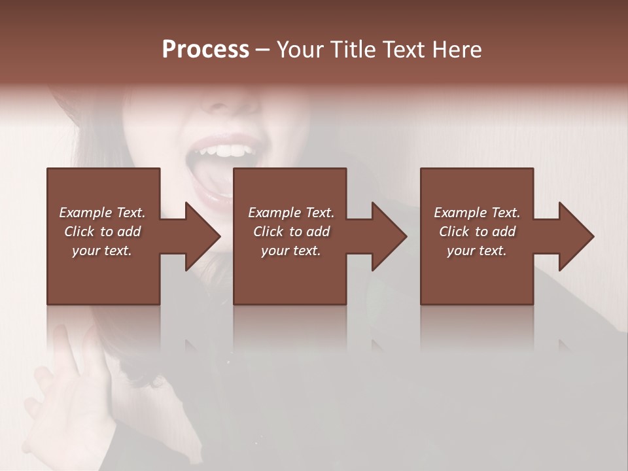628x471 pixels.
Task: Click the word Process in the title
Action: (x=205, y=50)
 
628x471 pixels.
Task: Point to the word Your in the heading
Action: (x=300, y=50)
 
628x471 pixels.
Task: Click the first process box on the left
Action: (x=103, y=275)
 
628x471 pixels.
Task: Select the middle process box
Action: (x=290, y=275)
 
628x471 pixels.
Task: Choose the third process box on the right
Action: (x=476, y=275)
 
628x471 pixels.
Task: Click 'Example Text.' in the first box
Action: (x=102, y=213)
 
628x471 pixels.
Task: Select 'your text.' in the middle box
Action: (x=290, y=251)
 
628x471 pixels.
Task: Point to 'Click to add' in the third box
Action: (x=477, y=232)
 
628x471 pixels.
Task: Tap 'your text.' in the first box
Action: (x=102, y=251)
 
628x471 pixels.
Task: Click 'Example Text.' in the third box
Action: (x=477, y=213)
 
